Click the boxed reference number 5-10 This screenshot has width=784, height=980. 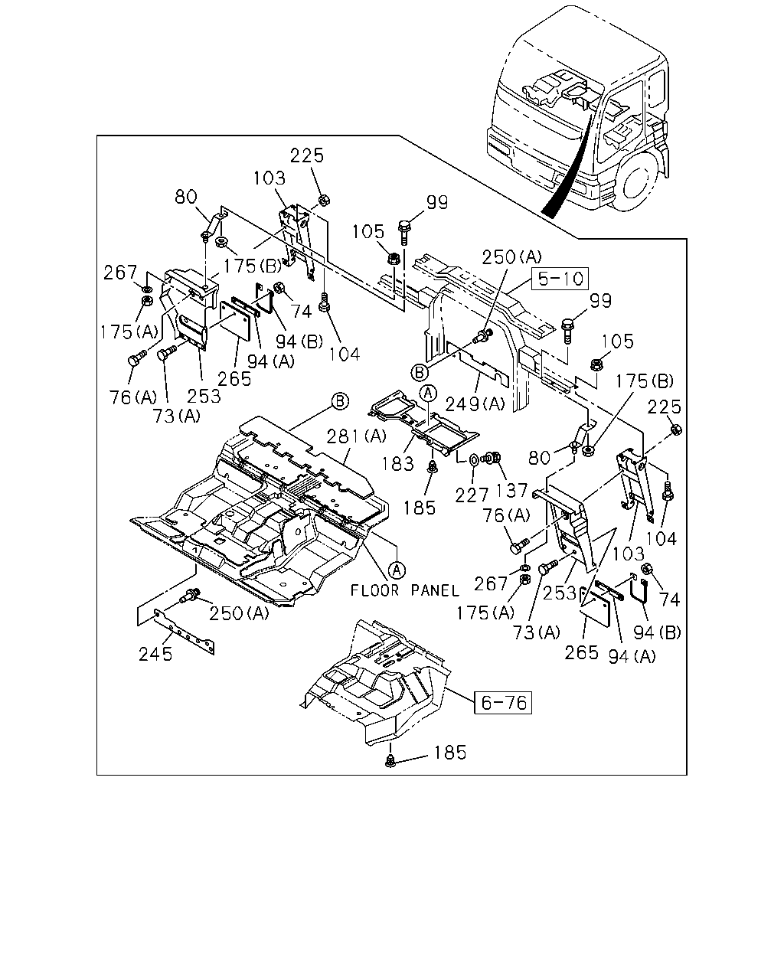click(560, 278)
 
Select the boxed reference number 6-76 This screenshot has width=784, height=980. click(503, 703)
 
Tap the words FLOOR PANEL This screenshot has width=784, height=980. click(405, 590)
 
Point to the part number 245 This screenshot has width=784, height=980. click(155, 655)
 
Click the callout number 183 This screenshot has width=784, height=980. click(397, 464)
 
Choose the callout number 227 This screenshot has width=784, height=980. click(472, 495)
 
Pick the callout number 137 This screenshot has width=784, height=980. click(512, 491)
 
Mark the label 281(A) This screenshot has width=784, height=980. click(356, 436)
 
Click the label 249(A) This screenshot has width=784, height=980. click(475, 403)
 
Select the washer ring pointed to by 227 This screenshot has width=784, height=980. click(474, 459)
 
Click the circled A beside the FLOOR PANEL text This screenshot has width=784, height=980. click(397, 570)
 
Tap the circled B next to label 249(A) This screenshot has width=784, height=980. click(420, 373)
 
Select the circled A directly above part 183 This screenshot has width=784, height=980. click(428, 393)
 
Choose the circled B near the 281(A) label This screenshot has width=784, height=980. click(340, 402)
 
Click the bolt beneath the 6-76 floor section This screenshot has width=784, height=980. click(390, 760)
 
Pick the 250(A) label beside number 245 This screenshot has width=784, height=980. click(239, 613)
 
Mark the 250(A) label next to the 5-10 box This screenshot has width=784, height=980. click(512, 257)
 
